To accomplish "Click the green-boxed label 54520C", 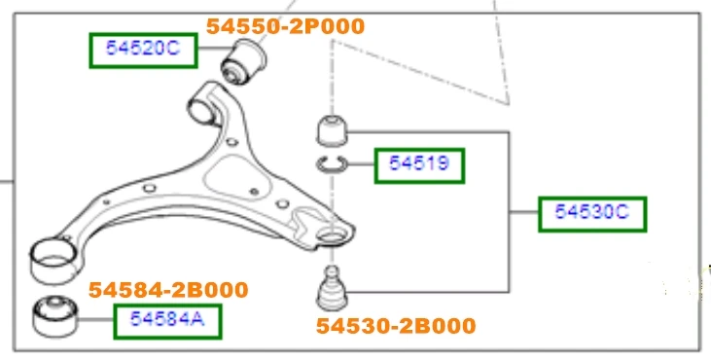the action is point(143,51).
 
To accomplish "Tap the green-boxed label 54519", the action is point(419,165).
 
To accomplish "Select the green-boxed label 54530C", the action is point(592,214).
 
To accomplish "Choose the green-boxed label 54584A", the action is point(167,321).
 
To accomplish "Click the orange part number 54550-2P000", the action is point(285,26).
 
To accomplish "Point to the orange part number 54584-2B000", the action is point(168,290).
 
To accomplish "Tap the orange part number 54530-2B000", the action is point(396,326).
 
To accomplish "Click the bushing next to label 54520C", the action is point(243,61).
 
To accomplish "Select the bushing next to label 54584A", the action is point(55,316).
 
